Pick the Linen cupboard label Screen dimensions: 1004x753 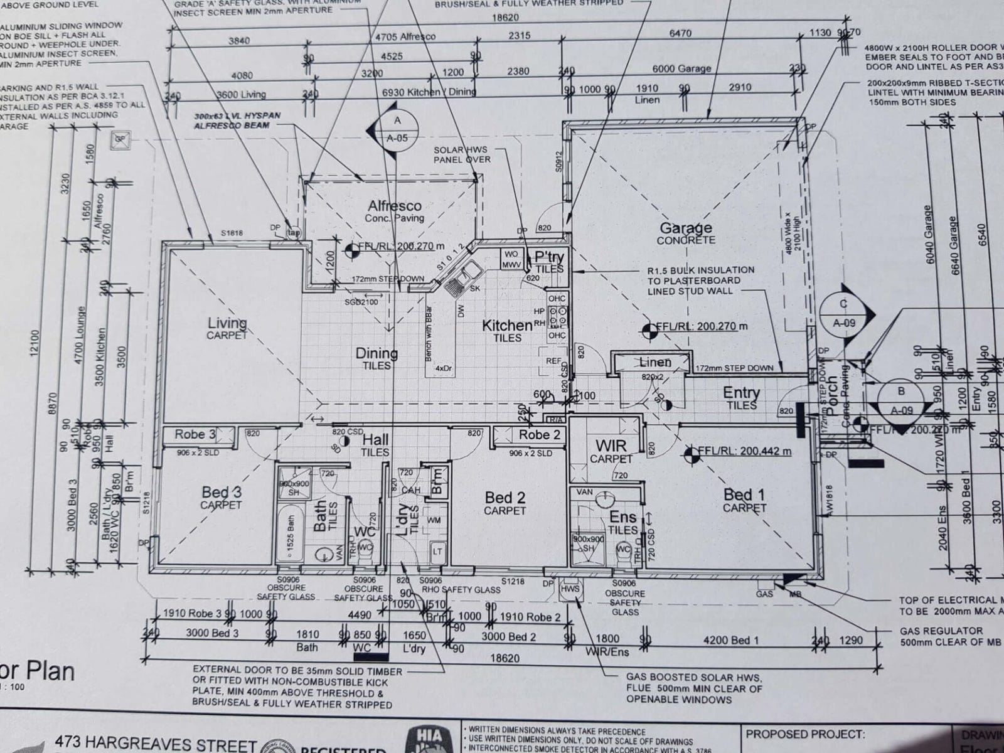[x=655, y=362]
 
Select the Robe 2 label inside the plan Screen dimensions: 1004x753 [x=538, y=434]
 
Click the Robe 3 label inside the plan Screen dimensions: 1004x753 [x=195, y=434]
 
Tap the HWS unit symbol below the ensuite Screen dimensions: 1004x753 [x=571, y=590]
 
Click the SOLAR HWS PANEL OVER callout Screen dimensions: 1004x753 [x=462, y=154]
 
